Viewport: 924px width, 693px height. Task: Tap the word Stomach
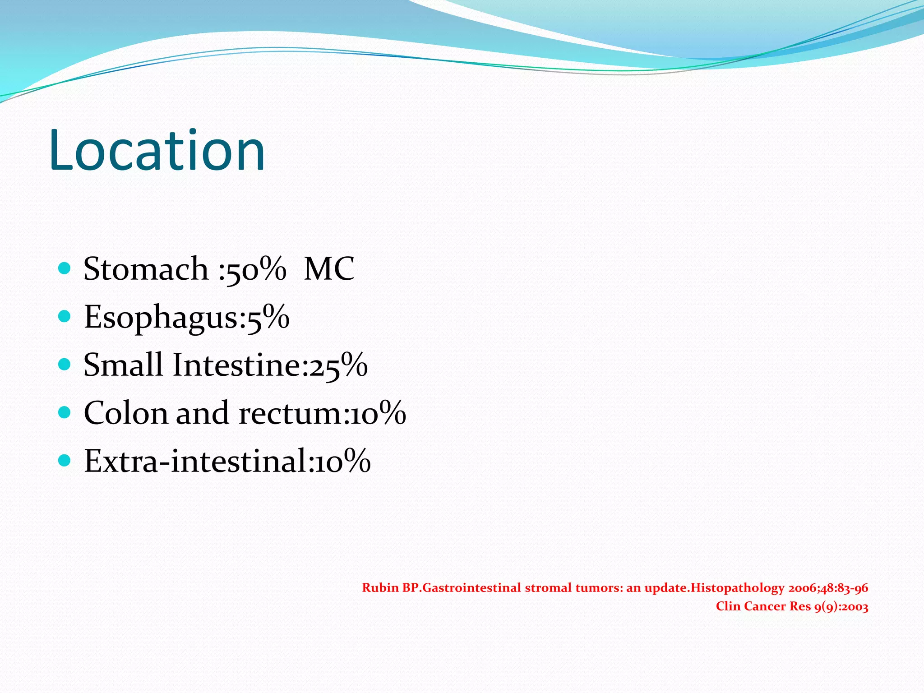[x=146, y=269]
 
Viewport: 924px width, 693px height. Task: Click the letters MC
[x=329, y=269]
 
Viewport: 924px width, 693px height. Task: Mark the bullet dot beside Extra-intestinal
[x=65, y=461]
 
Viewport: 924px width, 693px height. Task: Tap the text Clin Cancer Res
[x=763, y=606]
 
